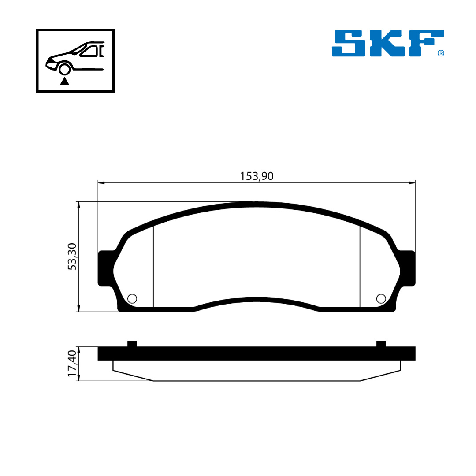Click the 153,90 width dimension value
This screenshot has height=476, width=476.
[257, 176]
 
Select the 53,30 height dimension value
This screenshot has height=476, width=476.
[72, 257]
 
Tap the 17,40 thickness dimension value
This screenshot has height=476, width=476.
[72, 363]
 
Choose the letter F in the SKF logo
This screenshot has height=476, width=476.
[427, 43]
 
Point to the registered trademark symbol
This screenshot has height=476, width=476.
[441, 53]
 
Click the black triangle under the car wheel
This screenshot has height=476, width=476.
[64, 81]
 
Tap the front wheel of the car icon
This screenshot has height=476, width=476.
[64, 69]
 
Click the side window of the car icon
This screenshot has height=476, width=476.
[89, 52]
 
